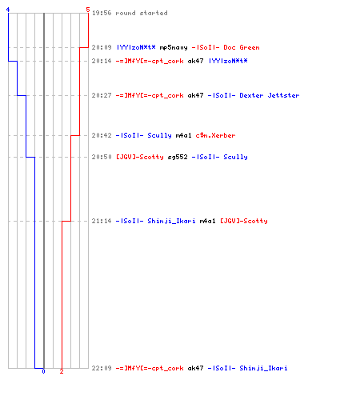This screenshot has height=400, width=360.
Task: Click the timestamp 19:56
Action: point(102,13)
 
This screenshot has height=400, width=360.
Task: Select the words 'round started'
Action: point(142,13)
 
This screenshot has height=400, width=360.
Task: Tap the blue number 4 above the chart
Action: point(8,10)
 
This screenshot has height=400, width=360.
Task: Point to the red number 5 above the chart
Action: point(88,10)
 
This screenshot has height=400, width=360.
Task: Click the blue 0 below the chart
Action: point(43,371)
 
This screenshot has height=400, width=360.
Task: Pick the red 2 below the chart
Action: point(62,371)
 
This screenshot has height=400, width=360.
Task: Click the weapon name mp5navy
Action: point(174,47)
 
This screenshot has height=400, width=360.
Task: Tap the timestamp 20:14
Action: point(102,61)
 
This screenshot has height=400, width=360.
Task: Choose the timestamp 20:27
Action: point(102,95)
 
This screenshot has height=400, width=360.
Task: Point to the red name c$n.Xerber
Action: point(215,135)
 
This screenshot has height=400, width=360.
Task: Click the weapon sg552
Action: point(178,157)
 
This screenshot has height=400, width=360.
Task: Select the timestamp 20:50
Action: point(102,157)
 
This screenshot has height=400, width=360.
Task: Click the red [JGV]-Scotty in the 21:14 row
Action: point(244,221)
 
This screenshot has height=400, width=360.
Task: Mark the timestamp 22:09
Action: point(102,368)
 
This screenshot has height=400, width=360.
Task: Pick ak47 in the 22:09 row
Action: point(195,368)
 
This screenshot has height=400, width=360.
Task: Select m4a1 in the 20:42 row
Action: point(184,135)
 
